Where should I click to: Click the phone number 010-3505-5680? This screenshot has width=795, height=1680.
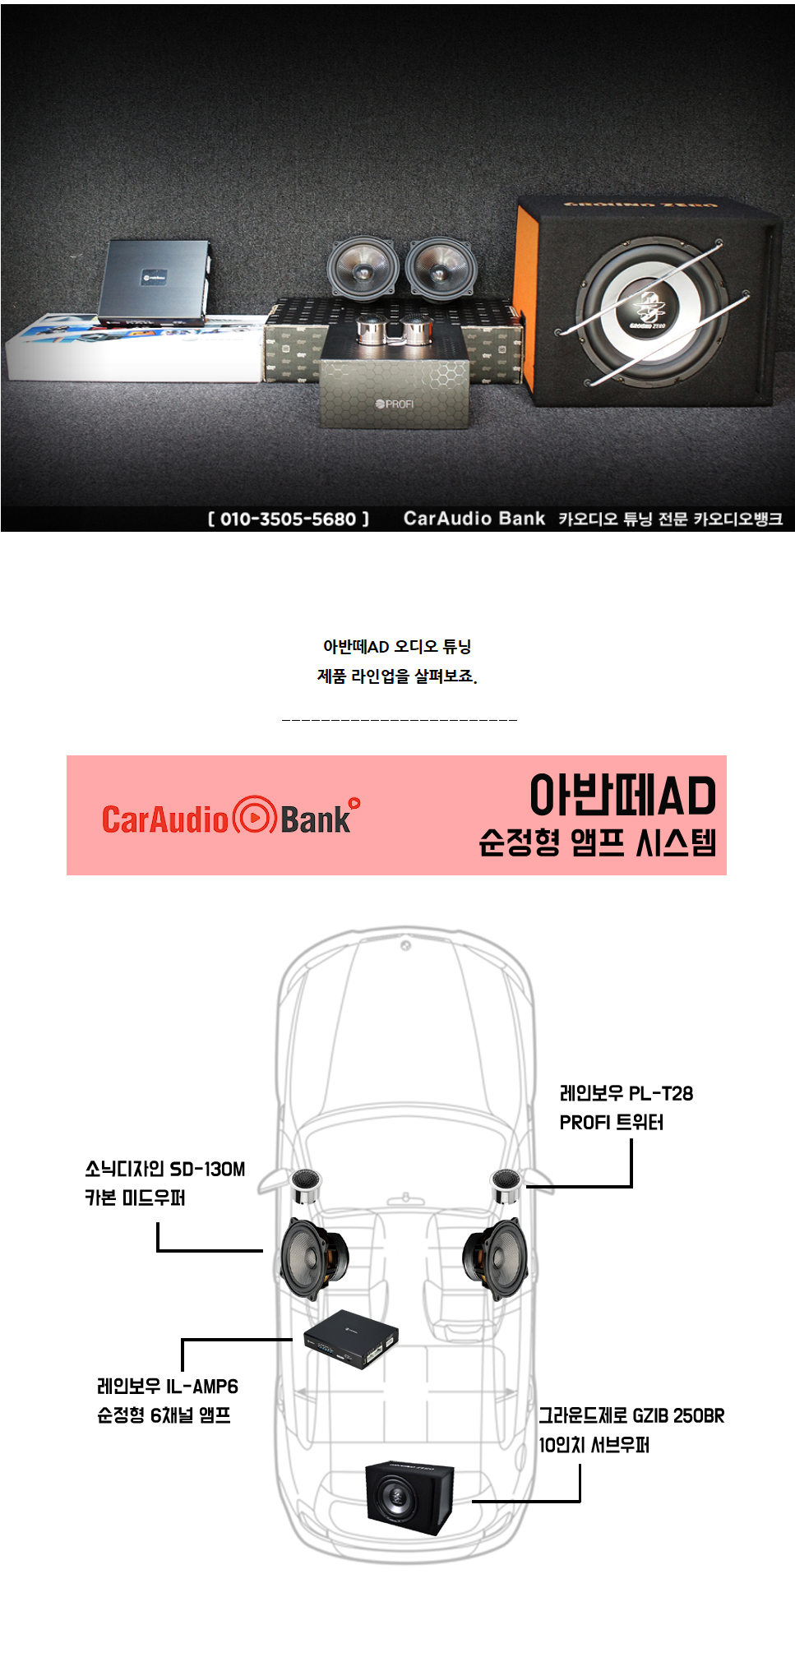[x=288, y=519]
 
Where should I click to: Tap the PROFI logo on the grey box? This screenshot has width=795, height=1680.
[x=395, y=404]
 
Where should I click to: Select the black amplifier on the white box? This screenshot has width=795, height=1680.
[x=154, y=282]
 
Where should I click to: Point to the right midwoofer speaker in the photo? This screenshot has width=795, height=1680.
[x=440, y=265]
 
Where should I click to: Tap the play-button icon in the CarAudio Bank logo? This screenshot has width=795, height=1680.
[x=254, y=817]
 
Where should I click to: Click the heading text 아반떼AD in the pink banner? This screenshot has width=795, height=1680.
[x=622, y=796]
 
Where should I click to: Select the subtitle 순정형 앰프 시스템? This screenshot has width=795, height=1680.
[x=598, y=842]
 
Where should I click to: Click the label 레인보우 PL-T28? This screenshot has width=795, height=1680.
[x=626, y=1094]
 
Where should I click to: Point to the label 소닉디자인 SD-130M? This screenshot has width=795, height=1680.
[x=164, y=1169]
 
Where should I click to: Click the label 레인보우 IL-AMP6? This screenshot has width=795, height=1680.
[x=168, y=1387]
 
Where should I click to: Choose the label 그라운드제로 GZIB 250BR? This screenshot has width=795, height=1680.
[x=631, y=1415]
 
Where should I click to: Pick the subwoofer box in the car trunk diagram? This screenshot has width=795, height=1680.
[x=409, y=1498]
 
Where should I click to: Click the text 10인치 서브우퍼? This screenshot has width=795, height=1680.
[x=594, y=1445]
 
